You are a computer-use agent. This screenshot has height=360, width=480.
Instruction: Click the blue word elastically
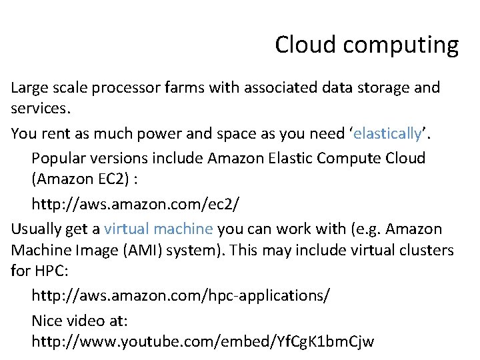(387, 134)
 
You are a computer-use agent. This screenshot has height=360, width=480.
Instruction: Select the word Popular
(61, 159)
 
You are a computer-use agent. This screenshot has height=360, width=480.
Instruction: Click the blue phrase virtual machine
(159, 229)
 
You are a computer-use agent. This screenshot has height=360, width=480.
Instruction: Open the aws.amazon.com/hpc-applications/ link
(180, 295)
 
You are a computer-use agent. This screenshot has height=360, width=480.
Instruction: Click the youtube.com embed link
(203, 342)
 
